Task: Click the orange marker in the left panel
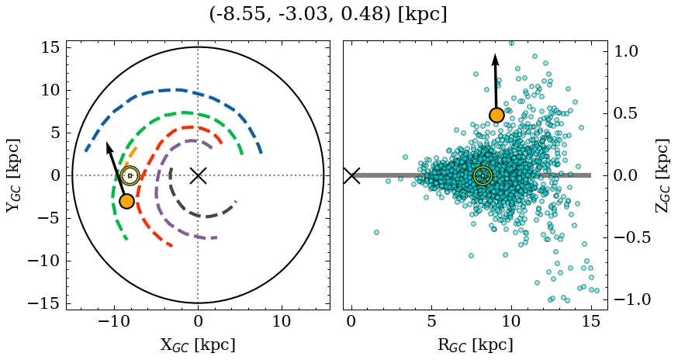point(126,201)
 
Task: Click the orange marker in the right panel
point(496,116)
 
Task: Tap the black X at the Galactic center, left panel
point(198,175)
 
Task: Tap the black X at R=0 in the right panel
point(351,175)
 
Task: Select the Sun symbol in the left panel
point(130,175)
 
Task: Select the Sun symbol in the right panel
point(483,175)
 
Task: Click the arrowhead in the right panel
point(495,60)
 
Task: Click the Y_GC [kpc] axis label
point(13,175)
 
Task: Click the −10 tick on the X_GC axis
point(115,321)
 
